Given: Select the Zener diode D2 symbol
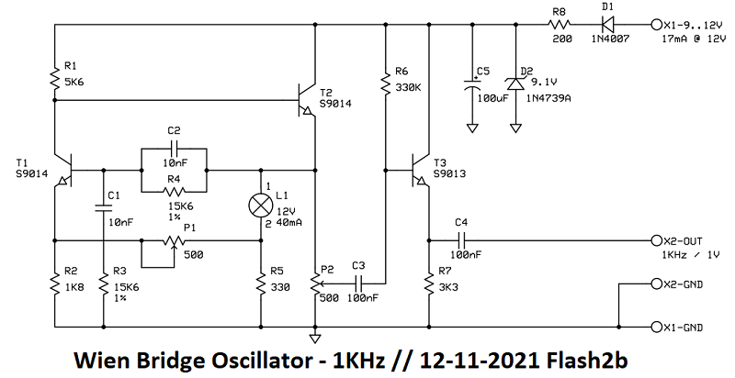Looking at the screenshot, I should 514,83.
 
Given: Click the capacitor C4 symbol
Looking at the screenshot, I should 461,239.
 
